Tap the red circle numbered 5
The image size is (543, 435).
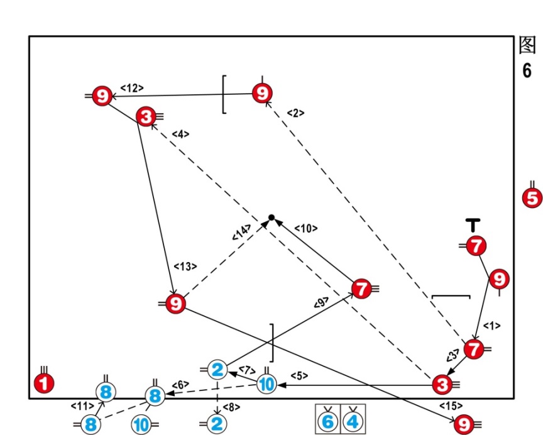tap(532, 198)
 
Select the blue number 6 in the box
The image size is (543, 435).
tap(327, 421)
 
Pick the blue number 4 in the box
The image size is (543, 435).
tap(353, 421)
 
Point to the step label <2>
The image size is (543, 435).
tap(295, 113)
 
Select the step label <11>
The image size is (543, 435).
tap(82, 406)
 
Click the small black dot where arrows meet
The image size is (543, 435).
tap(271, 217)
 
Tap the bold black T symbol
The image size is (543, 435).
tap(473, 224)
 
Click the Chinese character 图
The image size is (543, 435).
tap(527, 45)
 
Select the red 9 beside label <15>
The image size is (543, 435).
tap(464, 424)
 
